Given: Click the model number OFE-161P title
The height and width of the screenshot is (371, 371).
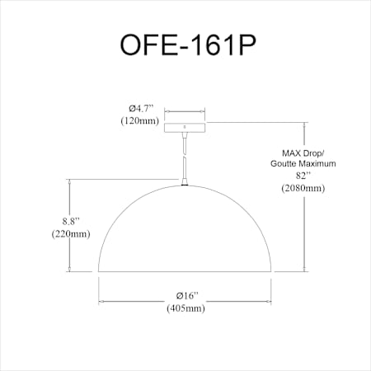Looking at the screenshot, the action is point(188,45).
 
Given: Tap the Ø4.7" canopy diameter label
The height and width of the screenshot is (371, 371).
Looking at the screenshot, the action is point(141,109).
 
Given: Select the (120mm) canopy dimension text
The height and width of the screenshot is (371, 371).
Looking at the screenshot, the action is point(140,120).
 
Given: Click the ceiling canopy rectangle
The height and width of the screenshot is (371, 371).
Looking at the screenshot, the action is point(185,128).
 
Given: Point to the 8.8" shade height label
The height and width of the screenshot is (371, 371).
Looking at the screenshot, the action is point(71,221).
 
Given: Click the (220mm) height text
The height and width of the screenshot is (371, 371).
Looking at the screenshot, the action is point(71,234).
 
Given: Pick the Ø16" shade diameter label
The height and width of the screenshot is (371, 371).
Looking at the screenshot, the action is point(187,296).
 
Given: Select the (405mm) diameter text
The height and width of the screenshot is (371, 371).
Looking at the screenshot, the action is point(185,308).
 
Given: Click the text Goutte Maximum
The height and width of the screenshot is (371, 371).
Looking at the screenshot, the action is point(303,163).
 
